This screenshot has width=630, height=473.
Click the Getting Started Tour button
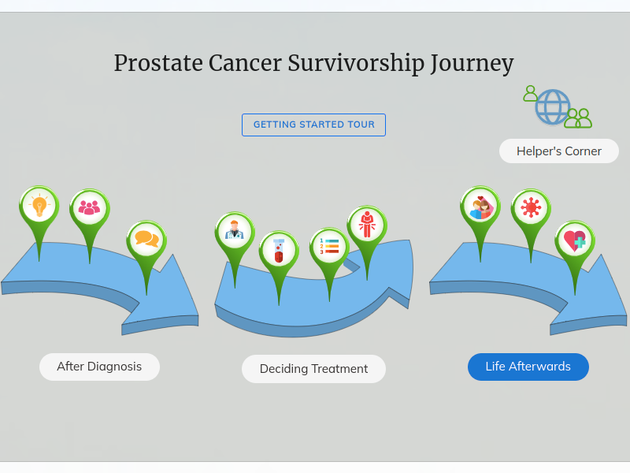click(313, 125)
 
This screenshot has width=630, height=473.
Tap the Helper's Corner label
click(559, 151)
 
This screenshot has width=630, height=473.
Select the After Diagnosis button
click(99, 367)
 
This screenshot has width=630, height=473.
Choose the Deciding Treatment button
click(313, 369)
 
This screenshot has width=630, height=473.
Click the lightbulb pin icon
click(39, 207)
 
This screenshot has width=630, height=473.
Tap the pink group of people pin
click(89, 208)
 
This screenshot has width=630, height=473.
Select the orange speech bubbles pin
click(146, 240)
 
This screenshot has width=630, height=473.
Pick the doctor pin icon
click(235, 231)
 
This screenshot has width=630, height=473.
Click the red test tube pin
click(279, 250)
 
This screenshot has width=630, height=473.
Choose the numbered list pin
click(329, 247)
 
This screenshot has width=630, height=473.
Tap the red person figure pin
click(367, 225)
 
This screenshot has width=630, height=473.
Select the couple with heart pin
click(480, 207)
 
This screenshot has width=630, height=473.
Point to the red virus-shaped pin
click(531, 208)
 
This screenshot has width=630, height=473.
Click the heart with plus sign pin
click(575, 240)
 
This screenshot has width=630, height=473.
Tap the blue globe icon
click(553, 106)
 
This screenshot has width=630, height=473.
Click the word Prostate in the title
click(158, 63)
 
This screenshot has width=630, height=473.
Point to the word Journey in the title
click(472, 63)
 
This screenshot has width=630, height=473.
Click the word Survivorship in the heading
click(356, 63)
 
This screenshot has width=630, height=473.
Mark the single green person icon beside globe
click(530, 93)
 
